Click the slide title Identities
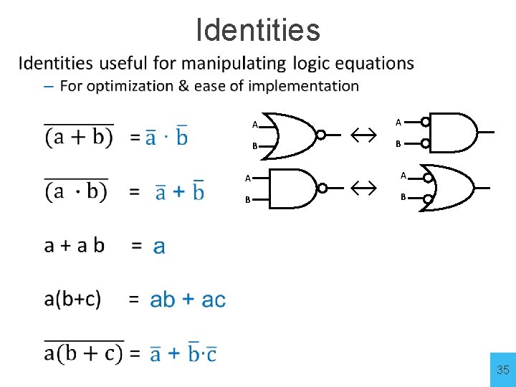pos(258,30)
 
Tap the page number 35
pos(502,370)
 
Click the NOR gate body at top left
pos(292,134)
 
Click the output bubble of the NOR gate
pos(322,134)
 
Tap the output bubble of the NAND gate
pos(322,188)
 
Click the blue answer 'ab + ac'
pos(188,300)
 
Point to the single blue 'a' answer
pos(159,247)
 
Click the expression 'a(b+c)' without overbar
pos(72,298)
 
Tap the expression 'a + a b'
pos(75,246)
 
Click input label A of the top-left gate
pos(255,125)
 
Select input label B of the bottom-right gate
pos(403,196)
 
